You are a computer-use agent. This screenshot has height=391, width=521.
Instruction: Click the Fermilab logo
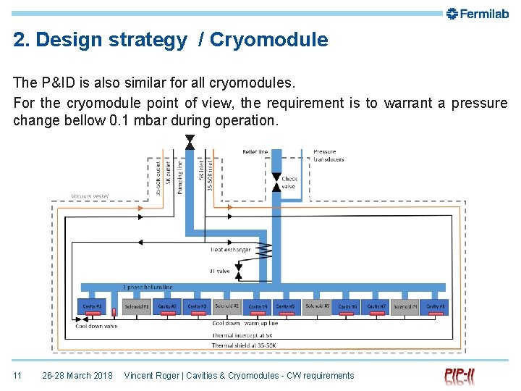click(478, 13)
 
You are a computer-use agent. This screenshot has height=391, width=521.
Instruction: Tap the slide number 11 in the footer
click(18, 375)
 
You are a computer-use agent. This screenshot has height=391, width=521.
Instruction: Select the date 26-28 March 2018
click(77, 375)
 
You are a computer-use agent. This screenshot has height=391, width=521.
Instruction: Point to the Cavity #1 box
click(93, 306)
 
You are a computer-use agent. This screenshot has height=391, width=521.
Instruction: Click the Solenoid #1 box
click(136, 306)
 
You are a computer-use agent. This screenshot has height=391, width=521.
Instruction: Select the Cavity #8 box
click(434, 306)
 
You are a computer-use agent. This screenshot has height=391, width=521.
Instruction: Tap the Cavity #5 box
click(286, 306)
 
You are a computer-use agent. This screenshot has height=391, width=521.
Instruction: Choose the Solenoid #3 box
click(317, 306)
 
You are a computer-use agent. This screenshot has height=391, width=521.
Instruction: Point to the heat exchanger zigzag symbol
click(264, 251)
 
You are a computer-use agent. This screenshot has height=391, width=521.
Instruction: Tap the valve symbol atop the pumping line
click(190, 140)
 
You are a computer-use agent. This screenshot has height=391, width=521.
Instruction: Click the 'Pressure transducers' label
click(329, 156)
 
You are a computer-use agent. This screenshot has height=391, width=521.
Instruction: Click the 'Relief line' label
click(254, 152)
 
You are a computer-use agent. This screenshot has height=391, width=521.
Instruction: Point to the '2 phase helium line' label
click(148, 287)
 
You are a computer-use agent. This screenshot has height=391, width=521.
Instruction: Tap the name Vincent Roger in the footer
click(152, 375)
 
